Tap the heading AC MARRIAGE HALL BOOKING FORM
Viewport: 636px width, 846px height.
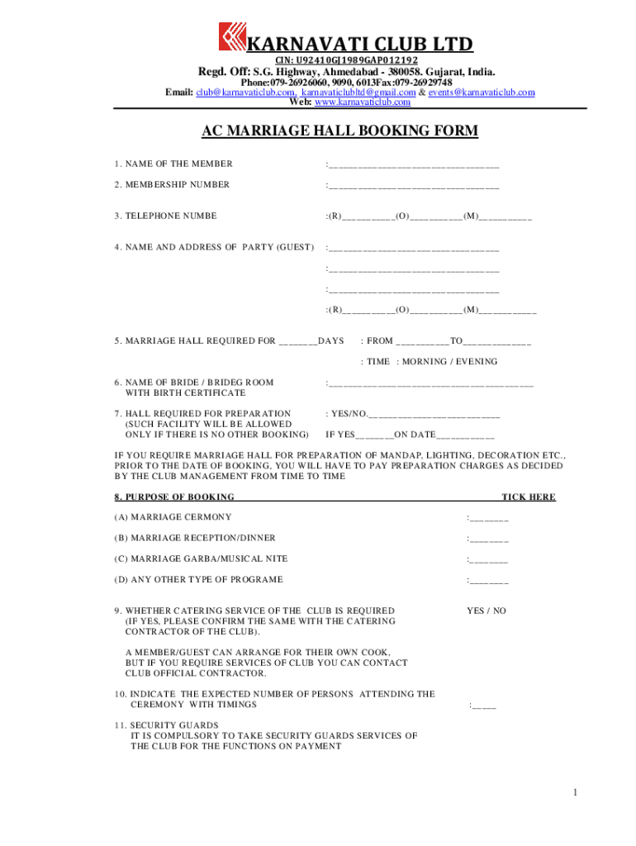(340, 131)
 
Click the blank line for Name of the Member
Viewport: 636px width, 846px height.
(414, 165)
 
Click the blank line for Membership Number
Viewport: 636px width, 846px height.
(414, 187)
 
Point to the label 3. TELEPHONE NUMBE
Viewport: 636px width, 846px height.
(165, 216)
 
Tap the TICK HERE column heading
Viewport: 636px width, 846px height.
(529, 497)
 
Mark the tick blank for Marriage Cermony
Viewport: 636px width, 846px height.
(489, 519)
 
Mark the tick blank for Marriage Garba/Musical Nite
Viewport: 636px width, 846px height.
(489, 560)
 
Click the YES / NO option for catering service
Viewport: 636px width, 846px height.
(486, 611)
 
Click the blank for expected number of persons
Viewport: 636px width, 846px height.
(484, 706)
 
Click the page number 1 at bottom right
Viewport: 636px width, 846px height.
(575, 794)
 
